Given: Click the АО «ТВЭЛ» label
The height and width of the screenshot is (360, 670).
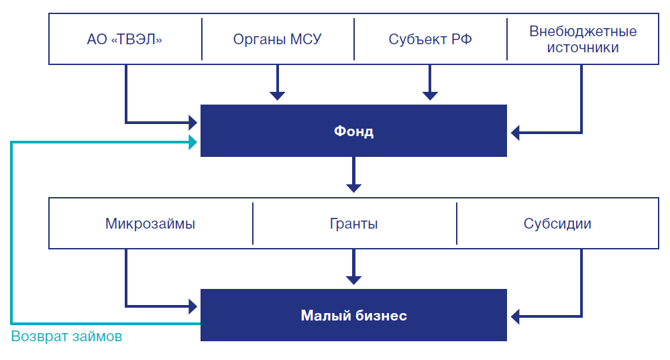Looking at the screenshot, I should (125, 40).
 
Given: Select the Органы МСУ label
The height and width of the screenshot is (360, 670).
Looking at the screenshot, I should (277, 40).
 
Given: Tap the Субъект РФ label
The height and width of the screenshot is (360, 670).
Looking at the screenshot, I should (430, 40).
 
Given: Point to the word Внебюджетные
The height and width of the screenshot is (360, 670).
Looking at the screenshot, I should (583, 32).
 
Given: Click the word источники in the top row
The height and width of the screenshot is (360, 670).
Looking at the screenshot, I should (583, 48).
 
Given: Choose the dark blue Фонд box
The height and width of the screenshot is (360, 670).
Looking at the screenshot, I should (353, 131).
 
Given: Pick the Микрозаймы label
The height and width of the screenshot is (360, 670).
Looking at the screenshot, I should (150, 224).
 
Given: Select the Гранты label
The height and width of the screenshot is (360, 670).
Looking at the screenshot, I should (353, 224).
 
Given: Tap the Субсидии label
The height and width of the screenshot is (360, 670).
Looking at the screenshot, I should (557, 224).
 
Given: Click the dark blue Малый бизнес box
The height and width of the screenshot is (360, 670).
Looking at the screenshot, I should (353, 315).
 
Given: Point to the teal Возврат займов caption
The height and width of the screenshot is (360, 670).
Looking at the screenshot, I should (67, 337).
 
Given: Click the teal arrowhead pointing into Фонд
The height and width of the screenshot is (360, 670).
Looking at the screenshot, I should (192, 142).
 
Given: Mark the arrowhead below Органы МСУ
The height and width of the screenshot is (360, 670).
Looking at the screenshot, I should (277, 95).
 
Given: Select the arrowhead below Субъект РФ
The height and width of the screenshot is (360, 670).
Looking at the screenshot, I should (430, 95).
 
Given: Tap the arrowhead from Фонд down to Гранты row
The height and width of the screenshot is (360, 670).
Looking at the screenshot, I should (353, 187).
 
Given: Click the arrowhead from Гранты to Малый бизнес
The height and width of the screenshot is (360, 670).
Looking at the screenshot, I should (353, 279).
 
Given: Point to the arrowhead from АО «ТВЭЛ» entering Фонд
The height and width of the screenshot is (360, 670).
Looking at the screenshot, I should (192, 122).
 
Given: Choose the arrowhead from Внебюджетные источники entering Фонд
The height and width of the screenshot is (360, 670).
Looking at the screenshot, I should (515, 131).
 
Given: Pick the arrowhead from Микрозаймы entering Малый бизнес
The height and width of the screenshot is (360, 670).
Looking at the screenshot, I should (192, 306).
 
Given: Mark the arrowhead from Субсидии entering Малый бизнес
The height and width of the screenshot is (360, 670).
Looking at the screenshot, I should (515, 315).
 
